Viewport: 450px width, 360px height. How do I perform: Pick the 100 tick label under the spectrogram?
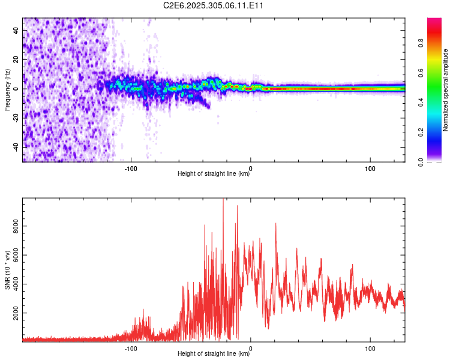[370, 168]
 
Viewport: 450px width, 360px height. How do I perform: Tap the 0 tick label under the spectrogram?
[251, 168]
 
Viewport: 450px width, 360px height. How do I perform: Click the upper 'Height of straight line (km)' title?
[214, 175]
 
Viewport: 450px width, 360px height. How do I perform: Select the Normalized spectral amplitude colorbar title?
[446, 90]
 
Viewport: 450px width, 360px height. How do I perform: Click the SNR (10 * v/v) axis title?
[7, 270]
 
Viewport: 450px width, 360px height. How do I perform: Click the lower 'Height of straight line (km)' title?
[214, 355]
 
